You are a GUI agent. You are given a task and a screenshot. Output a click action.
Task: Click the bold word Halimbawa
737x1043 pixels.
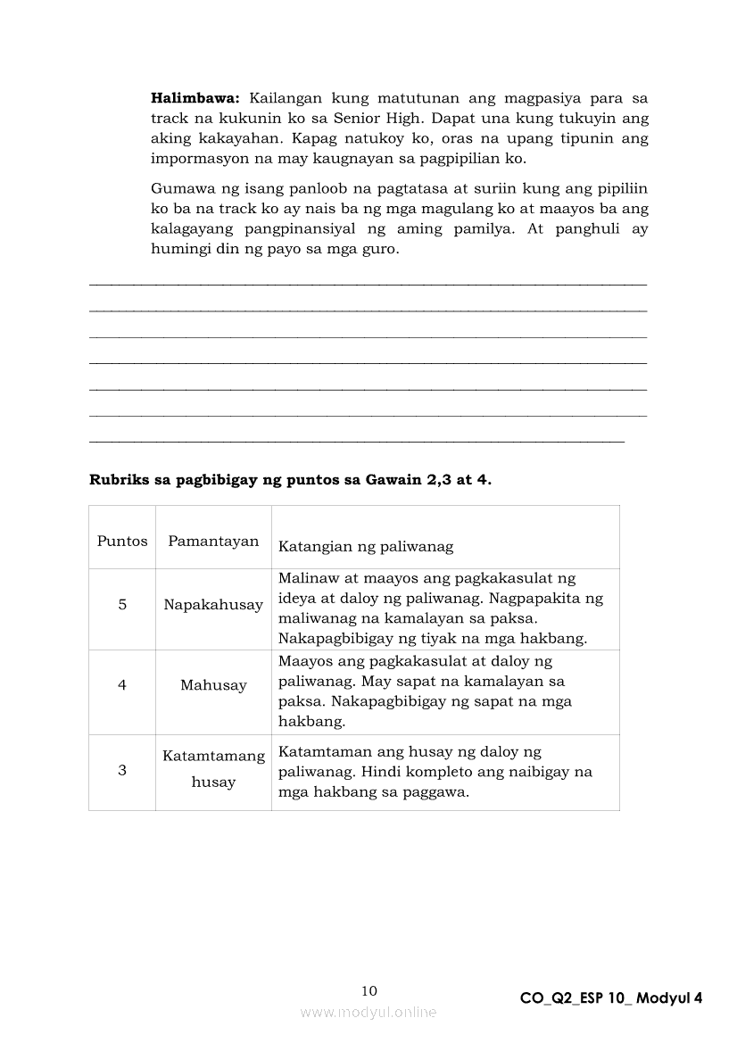189,97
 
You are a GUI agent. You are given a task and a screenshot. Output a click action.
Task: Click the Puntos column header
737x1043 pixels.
122,541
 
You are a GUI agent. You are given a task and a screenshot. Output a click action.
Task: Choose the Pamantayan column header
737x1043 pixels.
213,541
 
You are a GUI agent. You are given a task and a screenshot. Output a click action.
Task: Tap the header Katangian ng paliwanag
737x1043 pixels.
366,546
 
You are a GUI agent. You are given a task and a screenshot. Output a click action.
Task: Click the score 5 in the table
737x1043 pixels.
122,604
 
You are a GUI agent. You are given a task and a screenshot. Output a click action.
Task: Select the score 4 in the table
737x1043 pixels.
122,685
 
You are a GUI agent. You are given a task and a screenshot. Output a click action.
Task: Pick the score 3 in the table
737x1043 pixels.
122,770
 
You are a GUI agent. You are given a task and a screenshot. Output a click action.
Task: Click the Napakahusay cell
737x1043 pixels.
213,604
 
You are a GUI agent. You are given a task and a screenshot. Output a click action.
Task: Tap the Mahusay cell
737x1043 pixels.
213,685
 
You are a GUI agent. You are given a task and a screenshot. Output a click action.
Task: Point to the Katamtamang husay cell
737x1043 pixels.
213,768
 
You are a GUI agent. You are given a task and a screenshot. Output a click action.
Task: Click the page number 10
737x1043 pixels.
369,990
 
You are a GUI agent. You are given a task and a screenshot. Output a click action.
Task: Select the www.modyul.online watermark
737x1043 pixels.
368,1012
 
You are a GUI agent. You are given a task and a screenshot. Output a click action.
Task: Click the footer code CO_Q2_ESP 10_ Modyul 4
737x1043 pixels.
611,998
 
